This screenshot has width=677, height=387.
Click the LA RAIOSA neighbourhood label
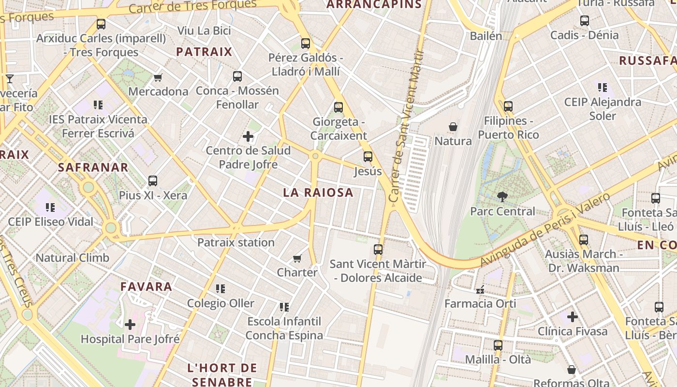pos(318,193)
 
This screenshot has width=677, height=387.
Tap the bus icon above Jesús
pos(368,157)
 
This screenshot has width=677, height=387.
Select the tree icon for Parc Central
pos(502,196)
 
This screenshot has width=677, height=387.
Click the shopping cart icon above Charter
pos(297,258)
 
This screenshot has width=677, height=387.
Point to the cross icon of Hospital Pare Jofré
pos(130,325)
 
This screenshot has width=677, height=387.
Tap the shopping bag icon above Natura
pos(453,127)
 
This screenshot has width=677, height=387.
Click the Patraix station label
pos(236,242)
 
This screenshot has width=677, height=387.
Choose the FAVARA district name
pos(146,286)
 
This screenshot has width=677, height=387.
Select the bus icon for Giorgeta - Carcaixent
pos(338,107)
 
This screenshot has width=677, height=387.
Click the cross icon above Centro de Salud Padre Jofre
pos(248,136)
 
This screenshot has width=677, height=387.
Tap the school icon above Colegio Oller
pos(221,289)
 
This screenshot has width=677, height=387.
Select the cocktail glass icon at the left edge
pos(10,78)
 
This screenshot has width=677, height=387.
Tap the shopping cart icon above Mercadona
pos(158,77)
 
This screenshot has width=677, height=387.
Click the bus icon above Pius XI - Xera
pos(153,181)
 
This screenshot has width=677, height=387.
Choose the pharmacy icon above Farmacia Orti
pos(480,290)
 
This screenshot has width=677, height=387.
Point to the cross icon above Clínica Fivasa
pos(573,317)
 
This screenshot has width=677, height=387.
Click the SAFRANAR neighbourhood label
pos(93,167)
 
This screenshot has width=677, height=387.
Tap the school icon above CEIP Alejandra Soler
pos(602,88)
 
